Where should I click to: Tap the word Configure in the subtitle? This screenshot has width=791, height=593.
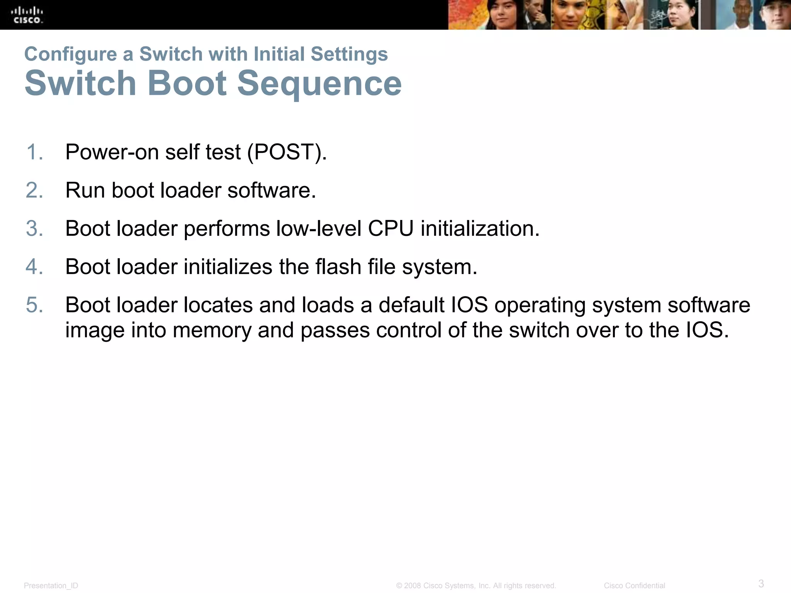pyautogui.click(x=70, y=54)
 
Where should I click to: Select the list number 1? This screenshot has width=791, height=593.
pyautogui.click(x=34, y=152)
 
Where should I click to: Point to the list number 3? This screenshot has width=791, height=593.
pyautogui.click(x=34, y=228)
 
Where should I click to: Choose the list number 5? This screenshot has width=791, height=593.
pyautogui.click(x=34, y=305)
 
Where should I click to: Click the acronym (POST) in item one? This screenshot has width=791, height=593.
pyautogui.click(x=287, y=152)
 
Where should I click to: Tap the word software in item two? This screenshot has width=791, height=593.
pyautogui.click(x=272, y=190)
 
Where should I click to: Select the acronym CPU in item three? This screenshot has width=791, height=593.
pyautogui.click(x=390, y=228)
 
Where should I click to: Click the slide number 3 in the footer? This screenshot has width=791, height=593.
pyautogui.click(x=761, y=583)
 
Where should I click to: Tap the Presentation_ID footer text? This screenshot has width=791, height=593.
pyautogui.click(x=51, y=586)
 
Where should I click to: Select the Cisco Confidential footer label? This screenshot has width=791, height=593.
pyautogui.click(x=634, y=586)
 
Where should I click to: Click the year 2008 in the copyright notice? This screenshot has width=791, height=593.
pyautogui.click(x=412, y=586)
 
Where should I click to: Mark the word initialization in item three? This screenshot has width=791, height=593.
pyautogui.click(x=480, y=228)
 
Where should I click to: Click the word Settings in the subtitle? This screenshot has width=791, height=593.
pyautogui.click(x=349, y=54)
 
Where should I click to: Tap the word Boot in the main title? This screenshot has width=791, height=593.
pyautogui.click(x=187, y=83)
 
